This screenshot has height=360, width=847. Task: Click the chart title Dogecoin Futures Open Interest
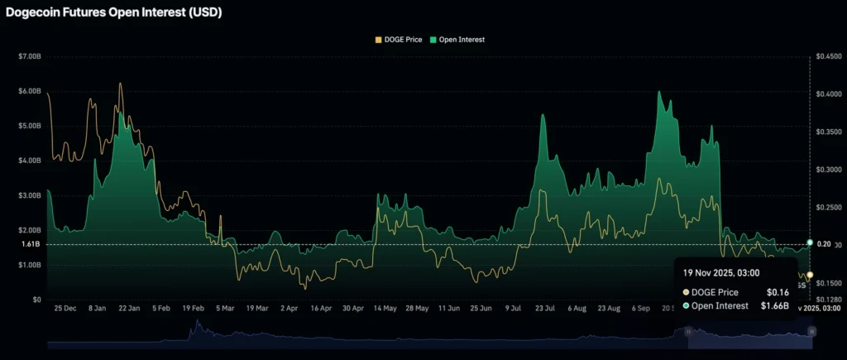tap(113, 13)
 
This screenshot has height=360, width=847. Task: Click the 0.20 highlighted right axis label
tap(824, 245)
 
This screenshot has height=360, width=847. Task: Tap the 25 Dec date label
tap(65, 308)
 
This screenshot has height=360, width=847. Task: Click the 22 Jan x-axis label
tap(128, 308)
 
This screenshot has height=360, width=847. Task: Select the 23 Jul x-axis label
tap(544, 308)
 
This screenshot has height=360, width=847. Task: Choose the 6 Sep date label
tap(640, 308)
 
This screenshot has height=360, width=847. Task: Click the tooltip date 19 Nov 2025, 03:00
tap(721, 271)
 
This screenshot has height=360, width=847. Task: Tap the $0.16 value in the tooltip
tap(778, 292)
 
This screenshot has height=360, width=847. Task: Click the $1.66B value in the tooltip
tap(775, 306)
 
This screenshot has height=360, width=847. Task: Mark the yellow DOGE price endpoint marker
tap(810, 275)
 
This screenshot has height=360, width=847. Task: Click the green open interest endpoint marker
tap(810, 242)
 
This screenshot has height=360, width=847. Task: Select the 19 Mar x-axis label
tap(256, 308)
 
